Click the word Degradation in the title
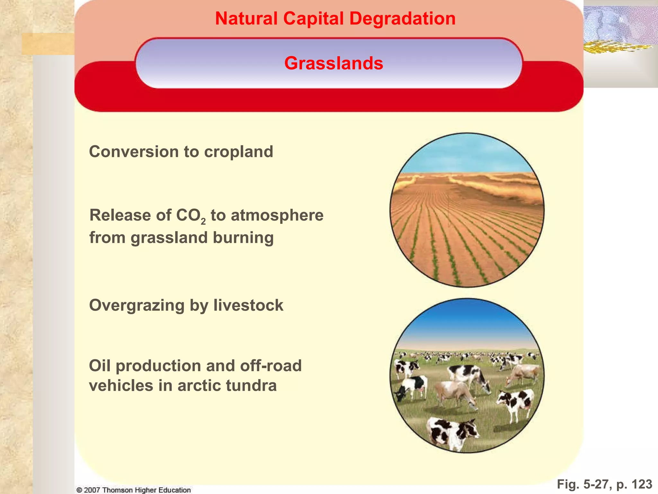[x=402, y=19]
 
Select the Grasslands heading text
[x=333, y=63]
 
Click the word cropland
[x=238, y=152]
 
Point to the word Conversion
[x=134, y=152]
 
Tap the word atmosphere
[x=277, y=215]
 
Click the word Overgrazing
[x=137, y=306]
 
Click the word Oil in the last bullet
[x=100, y=366]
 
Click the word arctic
[x=197, y=386]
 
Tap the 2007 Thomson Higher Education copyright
[x=134, y=490]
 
